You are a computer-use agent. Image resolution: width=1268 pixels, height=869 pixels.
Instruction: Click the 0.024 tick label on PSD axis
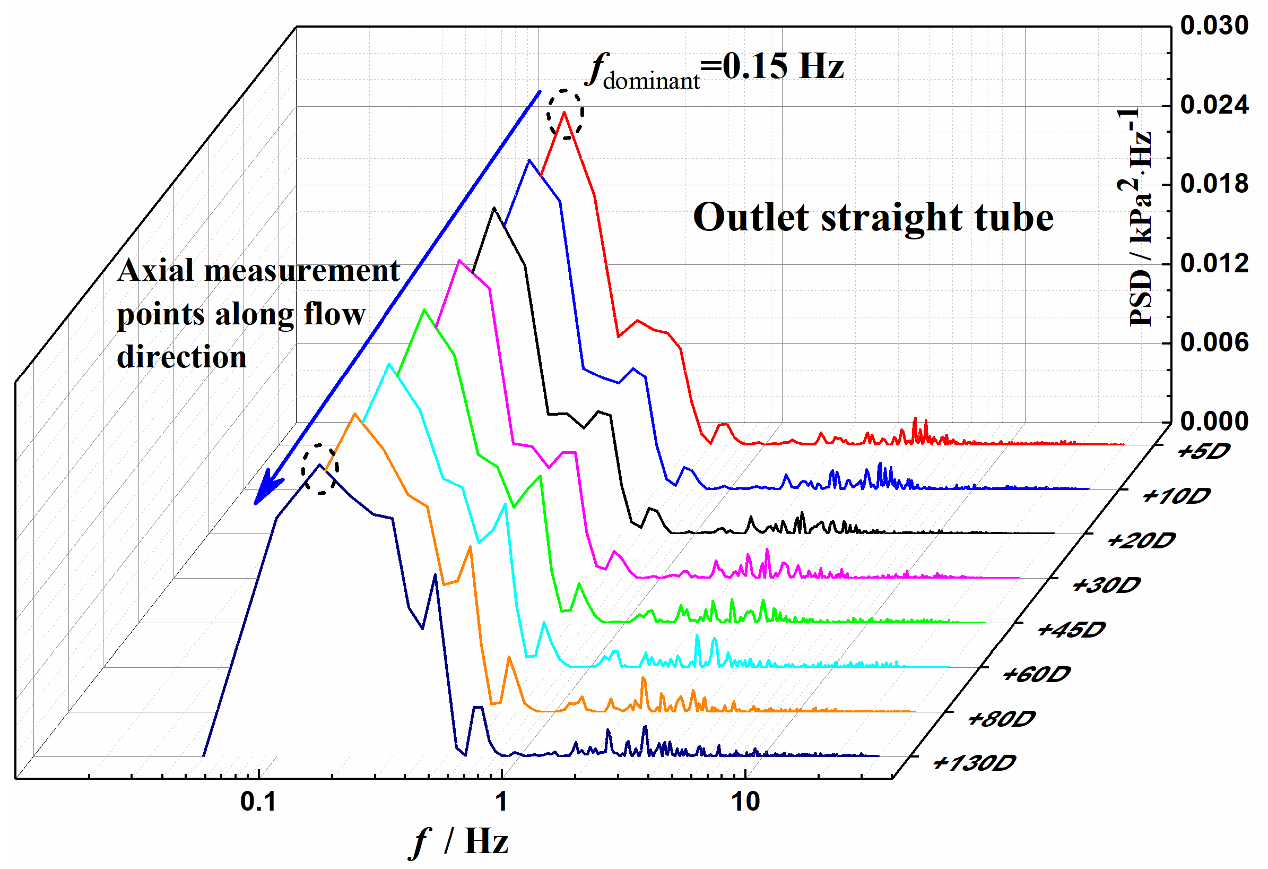click(1213, 105)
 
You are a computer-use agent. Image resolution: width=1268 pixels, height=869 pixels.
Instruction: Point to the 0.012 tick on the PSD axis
click(1213, 264)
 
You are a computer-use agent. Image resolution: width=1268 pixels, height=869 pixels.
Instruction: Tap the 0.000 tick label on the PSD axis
click(1213, 422)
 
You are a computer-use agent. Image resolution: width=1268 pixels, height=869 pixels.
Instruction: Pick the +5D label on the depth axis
click(1203, 452)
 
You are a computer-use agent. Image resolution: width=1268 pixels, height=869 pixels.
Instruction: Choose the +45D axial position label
click(1071, 631)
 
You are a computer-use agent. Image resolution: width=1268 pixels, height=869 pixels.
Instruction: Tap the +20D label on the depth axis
click(1140, 541)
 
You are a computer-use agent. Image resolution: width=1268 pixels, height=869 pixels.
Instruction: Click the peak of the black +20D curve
click(494, 208)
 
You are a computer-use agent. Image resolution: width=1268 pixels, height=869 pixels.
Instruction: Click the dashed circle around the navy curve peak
click(320, 469)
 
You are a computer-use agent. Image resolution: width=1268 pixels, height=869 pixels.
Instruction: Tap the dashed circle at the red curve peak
click(566, 114)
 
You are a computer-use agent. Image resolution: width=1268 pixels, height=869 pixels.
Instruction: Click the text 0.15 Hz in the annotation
click(783, 66)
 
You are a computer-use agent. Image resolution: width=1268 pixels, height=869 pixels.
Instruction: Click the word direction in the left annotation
click(181, 358)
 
